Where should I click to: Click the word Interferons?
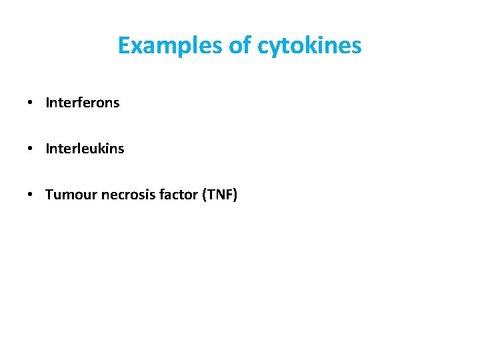point(83,103)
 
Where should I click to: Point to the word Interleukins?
point(85,149)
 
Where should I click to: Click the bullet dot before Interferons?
point(31,103)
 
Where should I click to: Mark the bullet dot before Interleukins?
point(31,149)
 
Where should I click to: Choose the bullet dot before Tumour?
point(31,195)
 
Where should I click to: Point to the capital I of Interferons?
point(47,103)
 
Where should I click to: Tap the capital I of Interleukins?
point(47,149)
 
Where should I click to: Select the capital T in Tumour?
point(49,195)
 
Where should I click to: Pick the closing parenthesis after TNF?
point(235,195)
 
